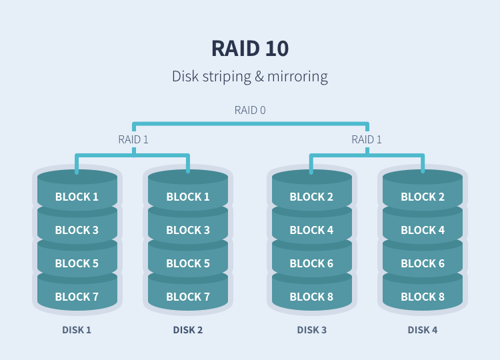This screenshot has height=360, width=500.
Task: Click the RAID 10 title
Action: [x=250, y=49]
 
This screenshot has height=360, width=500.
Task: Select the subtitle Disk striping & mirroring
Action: [x=250, y=77]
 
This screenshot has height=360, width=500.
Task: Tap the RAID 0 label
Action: [x=250, y=110]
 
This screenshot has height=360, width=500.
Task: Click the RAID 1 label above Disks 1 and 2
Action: [x=133, y=139]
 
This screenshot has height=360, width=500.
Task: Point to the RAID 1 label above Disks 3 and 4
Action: [x=367, y=139]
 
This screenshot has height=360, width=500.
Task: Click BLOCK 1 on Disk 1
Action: [x=77, y=197]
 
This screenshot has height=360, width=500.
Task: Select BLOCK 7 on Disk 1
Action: [x=77, y=297]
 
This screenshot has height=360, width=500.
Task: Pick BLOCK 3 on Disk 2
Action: [x=188, y=230]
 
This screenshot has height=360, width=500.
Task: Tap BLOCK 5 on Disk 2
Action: [x=188, y=263]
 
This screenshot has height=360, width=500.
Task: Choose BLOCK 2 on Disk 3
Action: [x=311, y=197]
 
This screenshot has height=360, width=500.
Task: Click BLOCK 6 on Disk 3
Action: [x=311, y=263]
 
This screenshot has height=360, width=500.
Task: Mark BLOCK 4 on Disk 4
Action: [x=423, y=230]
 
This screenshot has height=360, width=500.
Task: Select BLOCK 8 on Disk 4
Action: [x=423, y=297]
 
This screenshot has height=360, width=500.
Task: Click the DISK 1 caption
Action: [x=77, y=330]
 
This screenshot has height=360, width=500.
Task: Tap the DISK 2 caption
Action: [x=188, y=330]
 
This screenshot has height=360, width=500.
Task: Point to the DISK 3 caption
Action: [x=312, y=330]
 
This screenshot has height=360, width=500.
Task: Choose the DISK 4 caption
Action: [x=423, y=330]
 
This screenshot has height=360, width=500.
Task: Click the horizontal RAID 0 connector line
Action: [x=251, y=124]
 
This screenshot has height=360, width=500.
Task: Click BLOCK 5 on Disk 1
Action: [x=77, y=263]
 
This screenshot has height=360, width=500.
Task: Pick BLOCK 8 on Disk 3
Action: [x=311, y=297]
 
